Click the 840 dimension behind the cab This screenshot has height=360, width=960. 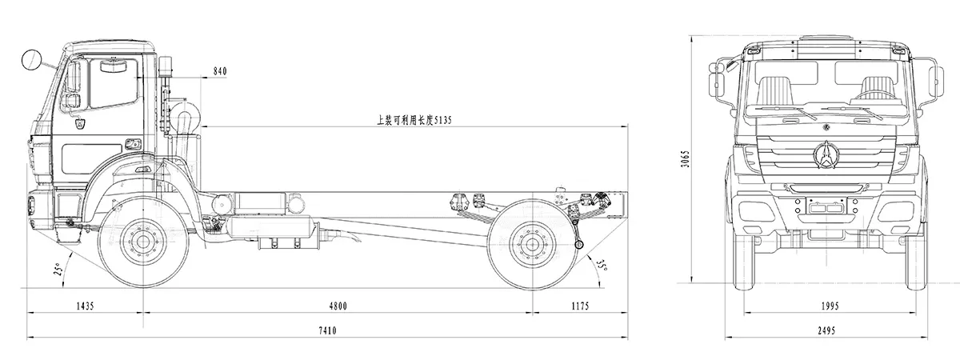(219, 71)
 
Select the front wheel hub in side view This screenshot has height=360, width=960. (144, 242)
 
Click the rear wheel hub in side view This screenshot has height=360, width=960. (531, 242)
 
